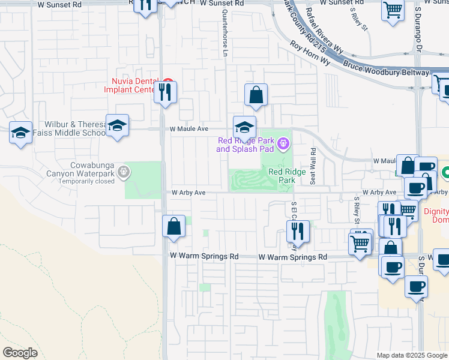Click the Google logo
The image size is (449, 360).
(x=20, y=353)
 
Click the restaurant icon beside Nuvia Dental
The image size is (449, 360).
(x=165, y=92)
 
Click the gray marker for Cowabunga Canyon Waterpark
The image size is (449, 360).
(x=124, y=173)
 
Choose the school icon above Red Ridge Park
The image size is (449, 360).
(x=244, y=127)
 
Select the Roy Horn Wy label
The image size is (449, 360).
(x=310, y=53)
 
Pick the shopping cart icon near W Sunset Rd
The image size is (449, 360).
(x=392, y=10)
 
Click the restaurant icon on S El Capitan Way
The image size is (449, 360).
(x=297, y=231)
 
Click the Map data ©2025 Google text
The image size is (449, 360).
(x=412, y=355)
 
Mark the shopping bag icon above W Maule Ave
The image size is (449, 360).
(x=256, y=95)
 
